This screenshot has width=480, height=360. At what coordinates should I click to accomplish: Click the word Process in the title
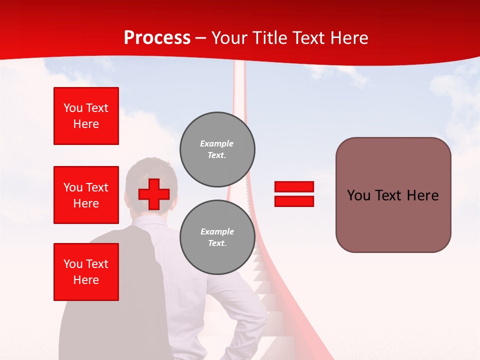157,38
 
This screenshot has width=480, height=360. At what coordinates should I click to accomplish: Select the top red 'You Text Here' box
86,116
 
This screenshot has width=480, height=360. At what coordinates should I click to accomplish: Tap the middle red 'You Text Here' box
86,195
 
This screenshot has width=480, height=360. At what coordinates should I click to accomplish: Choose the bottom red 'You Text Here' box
86,271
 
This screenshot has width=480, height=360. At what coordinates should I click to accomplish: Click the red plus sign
154,194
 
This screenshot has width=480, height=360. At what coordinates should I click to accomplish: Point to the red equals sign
294,194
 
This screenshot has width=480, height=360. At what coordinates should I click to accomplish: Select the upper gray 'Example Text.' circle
217,149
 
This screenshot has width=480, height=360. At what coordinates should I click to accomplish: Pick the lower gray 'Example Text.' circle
217,237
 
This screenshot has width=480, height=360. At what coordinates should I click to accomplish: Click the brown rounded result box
393,195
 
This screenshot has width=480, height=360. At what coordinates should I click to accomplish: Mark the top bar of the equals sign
294,186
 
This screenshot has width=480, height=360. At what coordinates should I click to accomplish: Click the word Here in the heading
348,38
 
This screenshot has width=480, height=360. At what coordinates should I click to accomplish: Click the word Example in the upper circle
216,143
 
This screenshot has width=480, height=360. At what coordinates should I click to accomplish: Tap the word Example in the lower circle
217,231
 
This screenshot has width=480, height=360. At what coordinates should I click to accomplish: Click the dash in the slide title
201,38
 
